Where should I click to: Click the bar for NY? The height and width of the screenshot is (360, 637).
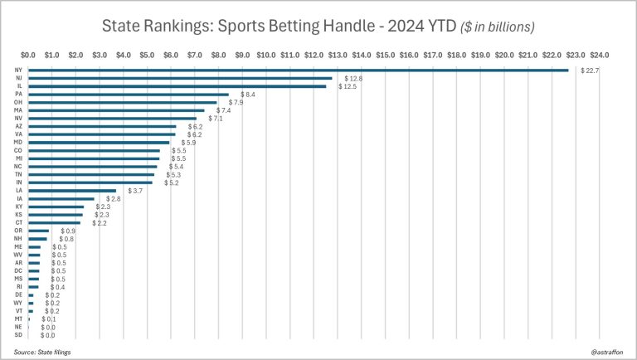299,70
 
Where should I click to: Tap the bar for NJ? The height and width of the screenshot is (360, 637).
180,78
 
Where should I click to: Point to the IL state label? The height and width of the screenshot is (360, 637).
18,86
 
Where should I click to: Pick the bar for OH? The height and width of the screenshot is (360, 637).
123,102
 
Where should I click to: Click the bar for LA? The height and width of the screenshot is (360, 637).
72,190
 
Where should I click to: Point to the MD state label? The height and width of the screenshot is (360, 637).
18,142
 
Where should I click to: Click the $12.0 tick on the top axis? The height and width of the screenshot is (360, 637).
314,56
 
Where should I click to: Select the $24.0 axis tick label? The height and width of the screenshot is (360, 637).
600,56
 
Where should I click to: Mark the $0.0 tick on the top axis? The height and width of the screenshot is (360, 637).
28,56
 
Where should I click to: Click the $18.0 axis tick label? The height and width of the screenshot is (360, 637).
457,56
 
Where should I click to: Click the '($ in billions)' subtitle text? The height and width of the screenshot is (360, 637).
498,27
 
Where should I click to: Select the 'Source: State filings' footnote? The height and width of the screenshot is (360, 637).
42,352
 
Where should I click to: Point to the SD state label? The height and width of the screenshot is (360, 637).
18,334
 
